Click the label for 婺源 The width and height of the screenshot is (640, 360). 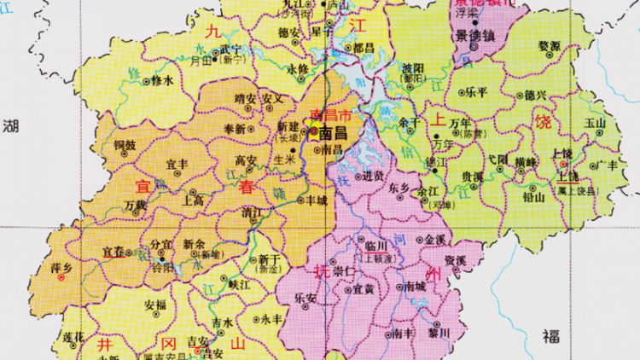point(550,45)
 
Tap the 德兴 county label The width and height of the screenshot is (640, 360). point(536,94)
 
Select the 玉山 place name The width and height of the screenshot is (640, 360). point(594,122)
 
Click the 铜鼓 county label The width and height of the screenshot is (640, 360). point(125,145)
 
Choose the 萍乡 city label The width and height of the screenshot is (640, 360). point(61,268)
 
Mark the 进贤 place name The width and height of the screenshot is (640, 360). point(373,177)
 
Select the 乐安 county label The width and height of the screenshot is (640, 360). point(305,299)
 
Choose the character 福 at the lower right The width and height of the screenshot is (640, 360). point(550,336)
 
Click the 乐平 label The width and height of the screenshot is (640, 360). point(474,92)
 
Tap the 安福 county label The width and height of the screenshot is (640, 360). point(155,304)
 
